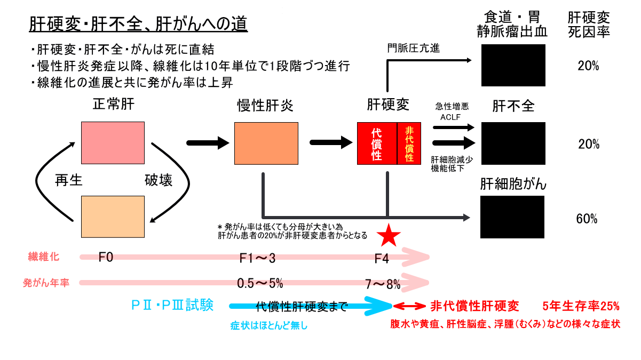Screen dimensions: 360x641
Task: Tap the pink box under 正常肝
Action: point(113,142)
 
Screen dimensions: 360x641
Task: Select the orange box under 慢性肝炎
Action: point(266,142)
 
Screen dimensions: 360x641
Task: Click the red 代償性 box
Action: point(377,143)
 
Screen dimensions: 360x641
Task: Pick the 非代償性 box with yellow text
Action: point(409,143)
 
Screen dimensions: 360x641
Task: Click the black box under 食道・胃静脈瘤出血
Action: point(513,65)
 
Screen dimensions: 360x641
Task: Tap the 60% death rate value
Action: point(587,219)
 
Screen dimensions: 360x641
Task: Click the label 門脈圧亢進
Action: point(414,49)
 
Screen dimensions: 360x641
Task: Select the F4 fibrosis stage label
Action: point(382,259)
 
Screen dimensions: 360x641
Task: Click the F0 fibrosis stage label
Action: point(106,258)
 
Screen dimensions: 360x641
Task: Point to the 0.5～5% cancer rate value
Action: point(261,283)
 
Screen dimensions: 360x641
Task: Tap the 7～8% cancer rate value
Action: point(382,284)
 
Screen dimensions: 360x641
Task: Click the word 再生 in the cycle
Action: point(69,181)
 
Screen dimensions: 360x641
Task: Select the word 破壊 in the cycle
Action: point(159,181)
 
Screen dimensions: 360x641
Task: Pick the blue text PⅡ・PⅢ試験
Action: point(172,305)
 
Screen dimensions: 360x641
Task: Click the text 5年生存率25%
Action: point(581,306)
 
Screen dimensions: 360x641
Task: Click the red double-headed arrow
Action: point(409,306)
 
